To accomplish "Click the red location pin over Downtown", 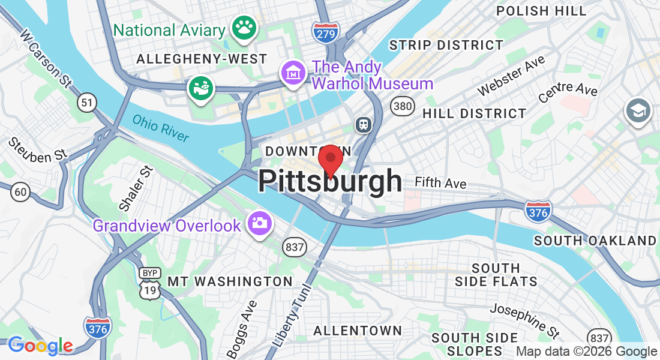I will point(330,160).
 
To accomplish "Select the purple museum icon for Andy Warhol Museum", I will point(293,73).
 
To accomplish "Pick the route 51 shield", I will point(88,103).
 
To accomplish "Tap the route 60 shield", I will point(20,192).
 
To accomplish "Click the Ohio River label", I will point(161,128).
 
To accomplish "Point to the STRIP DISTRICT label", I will point(446,45).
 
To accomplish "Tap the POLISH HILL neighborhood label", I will point(542,11).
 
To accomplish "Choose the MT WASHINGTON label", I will point(230,281).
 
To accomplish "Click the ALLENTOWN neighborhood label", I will point(358,331).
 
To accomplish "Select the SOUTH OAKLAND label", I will point(595,241).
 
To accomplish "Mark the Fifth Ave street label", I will point(440,183).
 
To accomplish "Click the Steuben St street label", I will point(37,150).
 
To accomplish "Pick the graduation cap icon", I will point(638,110).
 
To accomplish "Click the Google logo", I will point(40,346).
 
